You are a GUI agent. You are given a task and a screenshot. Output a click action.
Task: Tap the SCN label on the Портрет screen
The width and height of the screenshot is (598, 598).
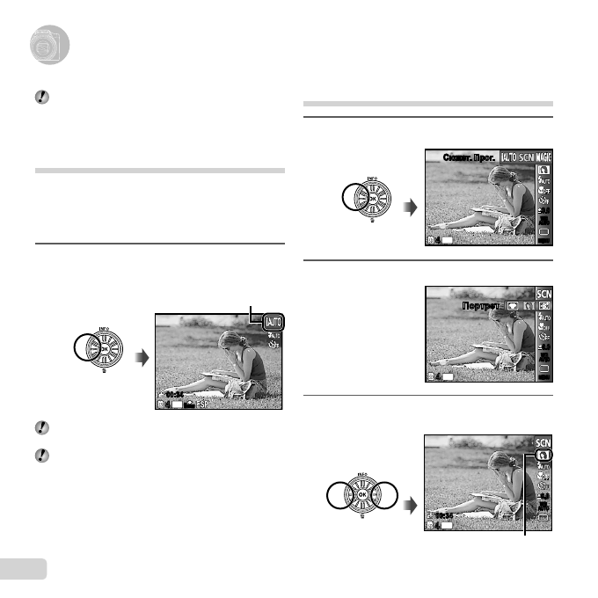[x=544, y=292]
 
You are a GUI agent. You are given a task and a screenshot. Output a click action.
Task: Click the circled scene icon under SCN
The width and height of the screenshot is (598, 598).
[x=544, y=456]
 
